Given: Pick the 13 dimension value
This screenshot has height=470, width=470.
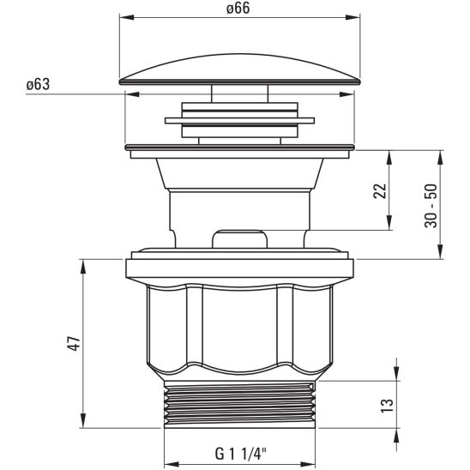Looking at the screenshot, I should [386, 402].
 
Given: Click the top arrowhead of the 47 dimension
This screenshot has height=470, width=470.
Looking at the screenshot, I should [83, 262].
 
